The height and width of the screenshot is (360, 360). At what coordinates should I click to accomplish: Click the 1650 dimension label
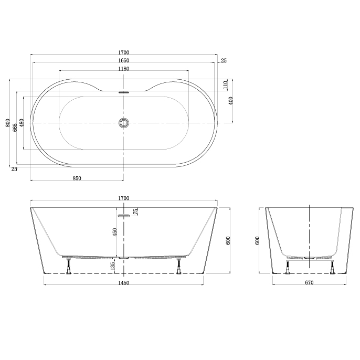[124, 61]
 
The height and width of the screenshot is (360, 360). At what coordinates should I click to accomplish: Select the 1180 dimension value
[124, 69]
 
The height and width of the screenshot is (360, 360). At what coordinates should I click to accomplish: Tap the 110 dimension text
[226, 85]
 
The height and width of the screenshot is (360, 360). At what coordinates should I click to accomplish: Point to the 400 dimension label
[231, 101]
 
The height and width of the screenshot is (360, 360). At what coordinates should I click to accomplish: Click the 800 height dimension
[8, 123]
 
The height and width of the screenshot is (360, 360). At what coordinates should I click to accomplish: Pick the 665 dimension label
[15, 128]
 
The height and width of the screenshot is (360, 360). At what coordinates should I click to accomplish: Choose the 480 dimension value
[22, 123]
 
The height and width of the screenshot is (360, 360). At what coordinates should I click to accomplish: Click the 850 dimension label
[77, 178]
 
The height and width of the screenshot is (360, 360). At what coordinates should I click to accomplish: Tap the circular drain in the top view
[124, 123]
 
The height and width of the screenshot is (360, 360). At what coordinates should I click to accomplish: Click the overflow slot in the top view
[124, 92]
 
